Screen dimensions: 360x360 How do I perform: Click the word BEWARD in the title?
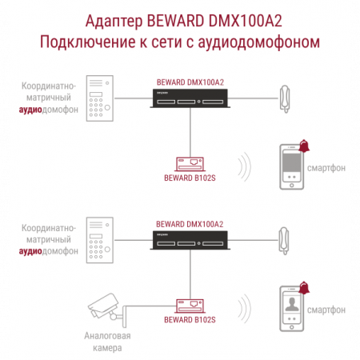pos(175,21)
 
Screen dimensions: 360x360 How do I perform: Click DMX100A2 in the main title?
pos(245,21)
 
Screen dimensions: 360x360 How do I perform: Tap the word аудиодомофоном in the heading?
pos(258,42)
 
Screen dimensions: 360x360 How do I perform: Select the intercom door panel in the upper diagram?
pos(100,98)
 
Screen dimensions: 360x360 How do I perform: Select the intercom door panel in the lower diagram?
pos(100,240)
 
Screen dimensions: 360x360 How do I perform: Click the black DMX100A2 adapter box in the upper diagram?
pos(190,98)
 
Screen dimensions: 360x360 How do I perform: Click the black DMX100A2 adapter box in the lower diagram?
pos(190,240)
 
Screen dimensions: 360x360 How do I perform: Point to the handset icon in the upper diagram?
pos(285,98)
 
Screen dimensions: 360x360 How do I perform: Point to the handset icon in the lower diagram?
pos(284,241)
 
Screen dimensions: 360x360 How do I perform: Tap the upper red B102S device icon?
pos(190,164)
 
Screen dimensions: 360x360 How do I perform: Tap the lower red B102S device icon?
pos(190,306)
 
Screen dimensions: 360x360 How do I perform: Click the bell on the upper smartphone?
pos(304,146)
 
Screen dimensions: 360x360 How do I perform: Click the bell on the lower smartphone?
pos(304,288)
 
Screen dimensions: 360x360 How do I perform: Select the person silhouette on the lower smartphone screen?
pos(292,305)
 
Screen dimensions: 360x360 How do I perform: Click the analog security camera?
pos(106,310)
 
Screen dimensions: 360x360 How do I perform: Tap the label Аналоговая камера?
pos(107,342)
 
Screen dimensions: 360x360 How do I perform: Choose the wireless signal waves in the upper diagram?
pos(245,167)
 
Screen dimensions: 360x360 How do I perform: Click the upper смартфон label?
pos(326,168)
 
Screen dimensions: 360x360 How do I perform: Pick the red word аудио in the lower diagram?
pos(30,251)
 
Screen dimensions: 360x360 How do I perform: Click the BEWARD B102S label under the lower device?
pos(190,320)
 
